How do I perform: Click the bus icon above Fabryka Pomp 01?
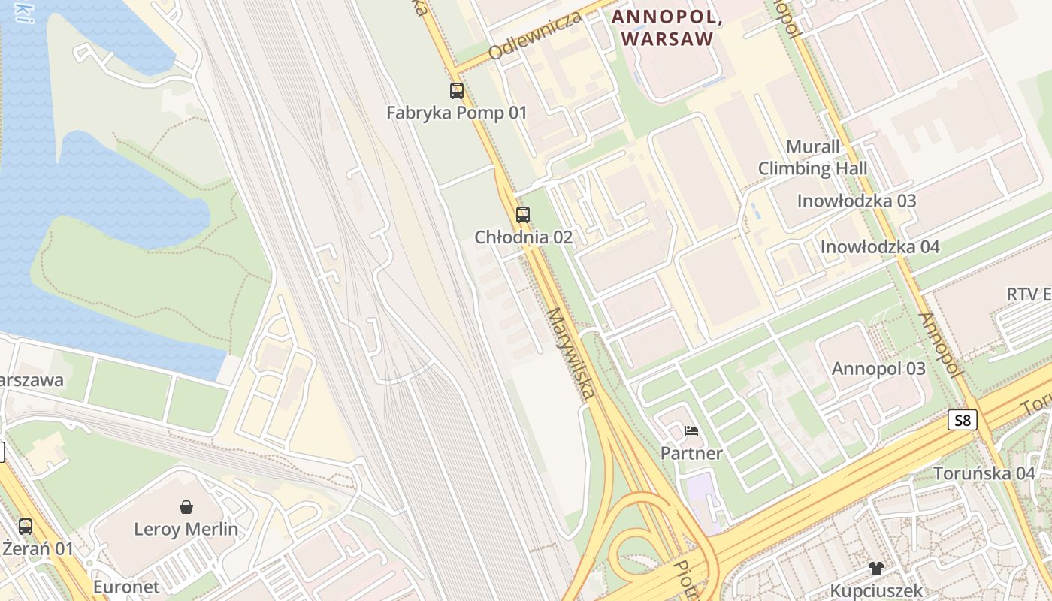pyautogui.click(x=457, y=91)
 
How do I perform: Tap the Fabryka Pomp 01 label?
pyautogui.click(x=457, y=113)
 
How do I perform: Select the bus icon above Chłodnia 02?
pyautogui.click(x=523, y=215)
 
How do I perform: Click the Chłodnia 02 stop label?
pyautogui.click(x=523, y=237)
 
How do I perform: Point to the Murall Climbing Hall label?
pyautogui.click(x=812, y=158)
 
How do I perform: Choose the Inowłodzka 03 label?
pyautogui.click(x=857, y=201)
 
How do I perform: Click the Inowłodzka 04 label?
pyautogui.click(x=880, y=247)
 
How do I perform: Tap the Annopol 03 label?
pyautogui.click(x=878, y=369)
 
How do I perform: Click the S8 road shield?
pyautogui.click(x=963, y=420)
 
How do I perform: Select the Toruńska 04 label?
pyautogui.click(x=984, y=473)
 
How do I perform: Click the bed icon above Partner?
pyautogui.click(x=691, y=431)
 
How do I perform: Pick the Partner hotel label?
pyautogui.click(x=691, y=453)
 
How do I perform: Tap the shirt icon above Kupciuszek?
pyautogui.click(x=876, y=569)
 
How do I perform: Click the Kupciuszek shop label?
pyautogui.click(x=876, y=591)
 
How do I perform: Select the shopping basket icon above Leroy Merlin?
pyautogui.click(x=186, y=507)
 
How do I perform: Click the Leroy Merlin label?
pyautogui.click(x=186, y=530)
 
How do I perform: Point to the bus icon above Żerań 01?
pyautogui.click(x=26, y=526)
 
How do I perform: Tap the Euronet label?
pyautogui.click(x=126, y=587)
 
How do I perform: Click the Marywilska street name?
pyautogui.click(x=570, y=353)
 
